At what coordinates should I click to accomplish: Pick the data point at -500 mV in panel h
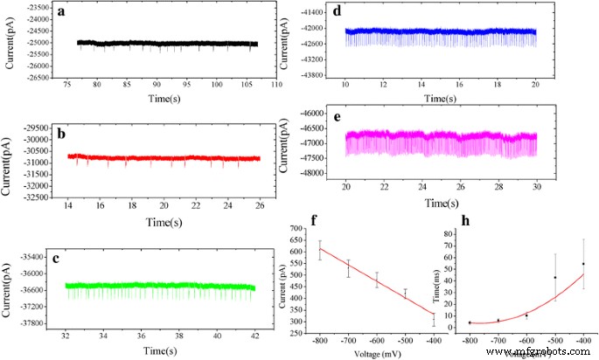click(554, 278)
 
